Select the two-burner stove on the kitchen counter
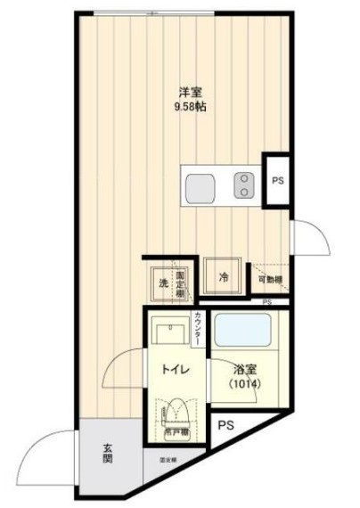(243, 185)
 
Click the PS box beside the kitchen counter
(277, 181)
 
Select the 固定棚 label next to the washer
(181, 283)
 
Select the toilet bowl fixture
(176, 414)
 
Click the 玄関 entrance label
(106, 454)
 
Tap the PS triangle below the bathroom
(226, 425)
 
